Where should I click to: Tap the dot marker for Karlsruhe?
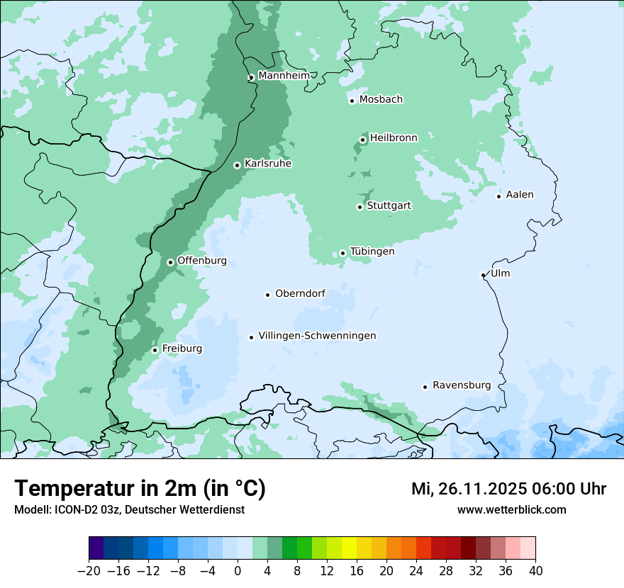tap(238, 165)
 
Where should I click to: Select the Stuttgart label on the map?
tap(389, 206)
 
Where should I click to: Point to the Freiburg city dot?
tap(155, 350)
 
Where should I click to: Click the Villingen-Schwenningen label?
tap(317, 336)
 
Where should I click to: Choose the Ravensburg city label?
tap(462, 385)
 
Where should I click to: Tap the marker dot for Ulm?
tap(484, 275)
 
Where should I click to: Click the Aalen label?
tap(520, 195)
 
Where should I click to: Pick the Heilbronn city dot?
tap(362, 140)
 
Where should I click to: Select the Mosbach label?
tap(381, 100)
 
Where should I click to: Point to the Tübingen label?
tap(372, 251)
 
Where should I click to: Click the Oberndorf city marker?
tap(268, 295)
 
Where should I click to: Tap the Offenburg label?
tap(202, 261)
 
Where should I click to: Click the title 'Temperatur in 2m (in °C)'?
tap(140, 489)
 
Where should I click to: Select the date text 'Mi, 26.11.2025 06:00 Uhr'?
tap(508, 489)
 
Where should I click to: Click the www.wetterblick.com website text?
tap(511, 509)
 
